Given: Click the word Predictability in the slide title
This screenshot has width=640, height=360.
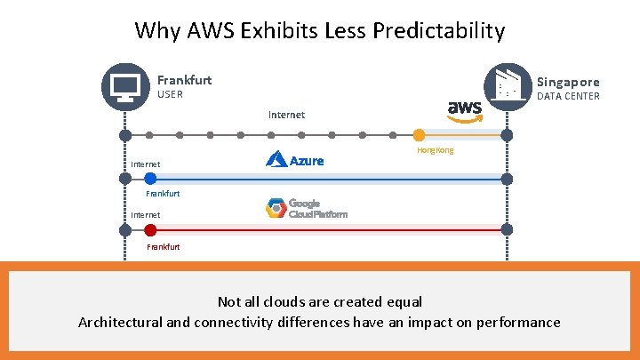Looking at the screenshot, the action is pyautogui.click(x=439, y=31).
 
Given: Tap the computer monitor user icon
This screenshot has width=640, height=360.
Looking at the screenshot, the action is pyautogui.click(x=125, y=86).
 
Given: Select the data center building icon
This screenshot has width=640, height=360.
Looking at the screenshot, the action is pyautogui.click(x=507, y=85).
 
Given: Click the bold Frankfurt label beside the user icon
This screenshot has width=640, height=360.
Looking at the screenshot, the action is pyautogui.click(x=184, y=80).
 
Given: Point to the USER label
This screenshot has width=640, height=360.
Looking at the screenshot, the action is pyautogui.click(x=170, y=95).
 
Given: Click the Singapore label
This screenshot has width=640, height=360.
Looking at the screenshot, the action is pyautogui.click(x=568, y=82).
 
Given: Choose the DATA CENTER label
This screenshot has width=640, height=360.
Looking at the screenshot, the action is pyautogui.click(x=568, y=96).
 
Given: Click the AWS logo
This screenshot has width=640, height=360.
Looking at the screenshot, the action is pyautogui.click(x=465, y=110).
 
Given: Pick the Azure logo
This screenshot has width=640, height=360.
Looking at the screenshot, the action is pyautogui.click(x=294, y=160).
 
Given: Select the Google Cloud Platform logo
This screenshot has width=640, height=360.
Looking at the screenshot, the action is pyautogui.click(x=306, y=208).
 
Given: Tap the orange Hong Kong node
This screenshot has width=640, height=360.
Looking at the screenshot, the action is pyautogui.click(x=419, y=135).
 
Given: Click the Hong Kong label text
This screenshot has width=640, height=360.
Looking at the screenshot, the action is pyautogui.click(x=435, y=150).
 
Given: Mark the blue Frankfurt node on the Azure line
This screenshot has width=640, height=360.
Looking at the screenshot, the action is pyautogui.click(x=150, y=179).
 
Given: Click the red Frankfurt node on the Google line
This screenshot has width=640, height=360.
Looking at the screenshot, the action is pyautogui.click(x=150, y=230).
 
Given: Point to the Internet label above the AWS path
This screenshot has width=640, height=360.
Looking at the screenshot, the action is pyautogui.click(x=286, y=115).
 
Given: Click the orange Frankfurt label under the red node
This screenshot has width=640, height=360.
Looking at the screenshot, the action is pyautogui.click(x=164, y=246).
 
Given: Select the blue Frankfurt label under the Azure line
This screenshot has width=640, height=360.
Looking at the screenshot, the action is pyautogui.click(x=164, y=193).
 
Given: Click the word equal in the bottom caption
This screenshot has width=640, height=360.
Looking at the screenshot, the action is pyautogui.click(x=403, y=302).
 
